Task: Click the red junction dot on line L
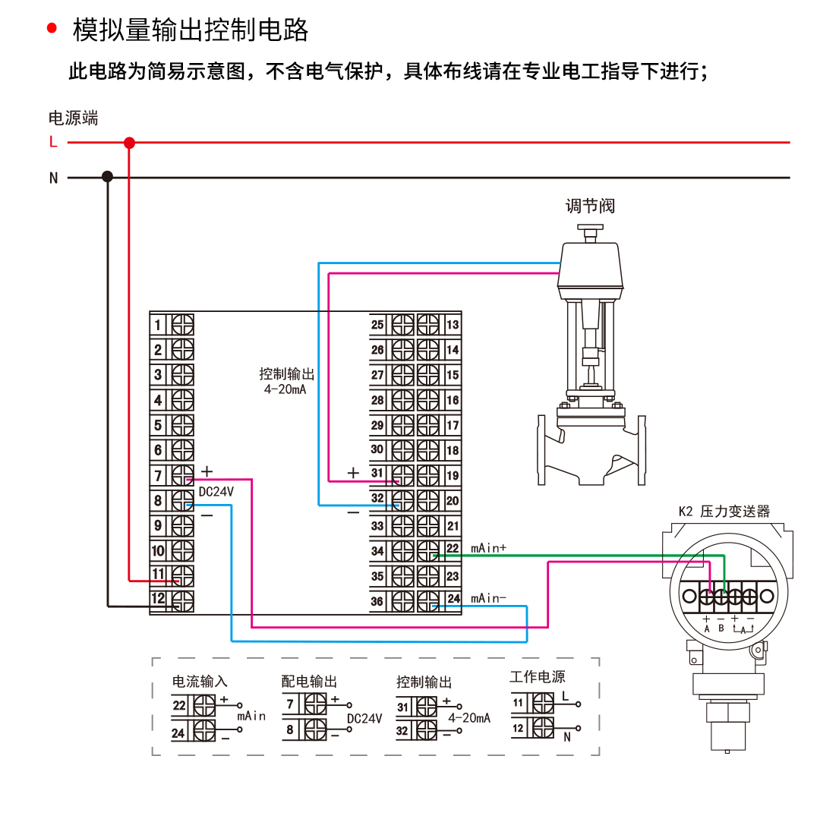point(129,143)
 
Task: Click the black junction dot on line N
point(107,177)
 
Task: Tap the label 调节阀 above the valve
point(590,206)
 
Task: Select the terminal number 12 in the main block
point(158,599)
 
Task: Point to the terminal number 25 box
point(377,325)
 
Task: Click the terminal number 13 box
point(453,325)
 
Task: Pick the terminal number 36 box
point(377,602)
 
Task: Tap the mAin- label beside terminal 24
point(488,599)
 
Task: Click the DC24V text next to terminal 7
point(216,492)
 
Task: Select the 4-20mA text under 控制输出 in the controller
point(285,390)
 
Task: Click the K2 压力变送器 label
point(724,512)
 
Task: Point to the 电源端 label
point(73,118)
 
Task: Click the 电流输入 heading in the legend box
point(200,682)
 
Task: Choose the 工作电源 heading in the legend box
point(537,677)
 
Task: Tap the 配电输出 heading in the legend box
point(309,682)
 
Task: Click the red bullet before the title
point(52,29)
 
